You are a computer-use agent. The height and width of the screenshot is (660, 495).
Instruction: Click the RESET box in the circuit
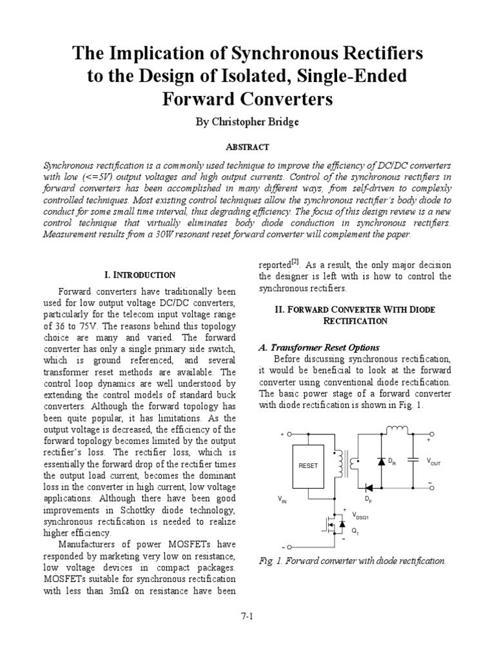(x=307, y=466)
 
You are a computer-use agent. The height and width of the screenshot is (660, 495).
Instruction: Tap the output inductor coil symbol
(x=397, y=429)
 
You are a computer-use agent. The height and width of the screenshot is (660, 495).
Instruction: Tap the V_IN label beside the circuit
(x=282, y=500)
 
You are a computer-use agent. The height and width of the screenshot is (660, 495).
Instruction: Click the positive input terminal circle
(x=289, y=434)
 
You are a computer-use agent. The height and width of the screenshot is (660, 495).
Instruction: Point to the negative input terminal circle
(x=289, y=546)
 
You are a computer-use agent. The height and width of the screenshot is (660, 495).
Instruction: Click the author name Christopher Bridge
(x=247, y=122)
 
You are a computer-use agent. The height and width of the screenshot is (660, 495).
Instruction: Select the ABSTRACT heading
(x=247, y=147)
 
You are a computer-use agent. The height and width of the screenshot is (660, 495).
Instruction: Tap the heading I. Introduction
(x=139, y=275)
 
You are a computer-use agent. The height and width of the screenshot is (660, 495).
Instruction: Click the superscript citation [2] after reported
(x=295, y=261)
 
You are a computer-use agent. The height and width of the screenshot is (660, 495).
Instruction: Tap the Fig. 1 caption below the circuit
(x=352, y=561)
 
